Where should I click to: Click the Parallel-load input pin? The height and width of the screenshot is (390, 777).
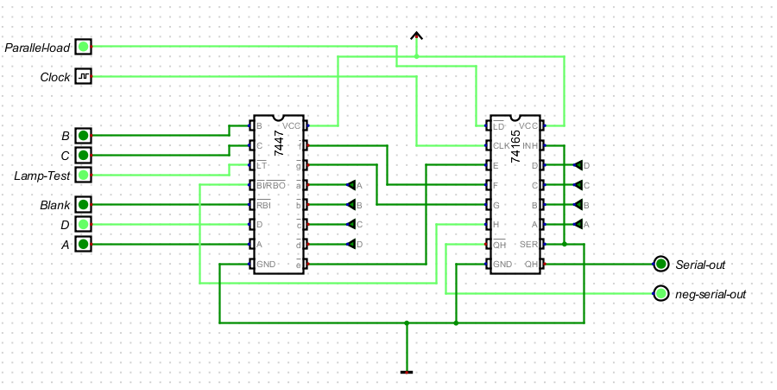pos(83,46)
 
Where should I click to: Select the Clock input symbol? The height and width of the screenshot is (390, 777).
pos(83,77)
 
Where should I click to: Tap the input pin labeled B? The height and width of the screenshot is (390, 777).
pos(83,136)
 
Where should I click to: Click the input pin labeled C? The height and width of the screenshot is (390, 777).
pos(83,156)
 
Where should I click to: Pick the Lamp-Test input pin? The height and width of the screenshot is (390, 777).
pos(83,176)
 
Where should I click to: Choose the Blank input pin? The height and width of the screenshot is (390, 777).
pos(83,205)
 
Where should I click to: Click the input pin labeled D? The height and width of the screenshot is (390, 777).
pos(83,225)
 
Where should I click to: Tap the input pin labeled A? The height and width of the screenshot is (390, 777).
pos(83,245)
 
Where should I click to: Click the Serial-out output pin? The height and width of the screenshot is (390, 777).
pos(661,264)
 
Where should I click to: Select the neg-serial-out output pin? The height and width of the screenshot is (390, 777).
pos(661,294)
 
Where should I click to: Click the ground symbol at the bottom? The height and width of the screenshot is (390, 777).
pos(407,372)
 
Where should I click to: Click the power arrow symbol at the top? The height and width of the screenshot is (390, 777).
pos(416,36)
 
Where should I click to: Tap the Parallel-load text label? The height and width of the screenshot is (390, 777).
pos(36,47)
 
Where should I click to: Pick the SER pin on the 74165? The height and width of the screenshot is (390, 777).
pos(543,245)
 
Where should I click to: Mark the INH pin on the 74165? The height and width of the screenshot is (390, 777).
pos(543,145)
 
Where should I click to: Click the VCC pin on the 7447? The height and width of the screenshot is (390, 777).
pos(305,125)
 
